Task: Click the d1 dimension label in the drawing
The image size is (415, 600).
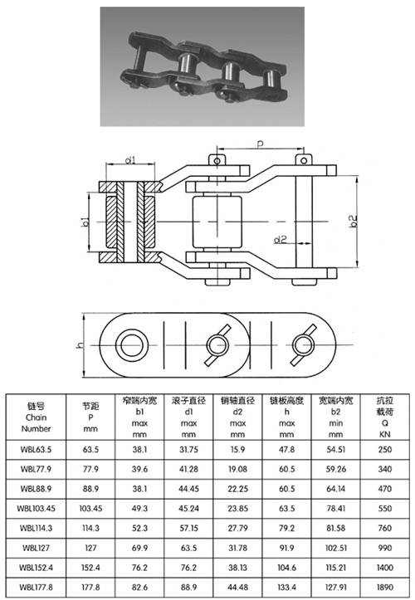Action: tap(130, 159)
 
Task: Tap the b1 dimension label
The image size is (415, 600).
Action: tap(85, 222)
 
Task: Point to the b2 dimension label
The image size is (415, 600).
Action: tap(354, 221)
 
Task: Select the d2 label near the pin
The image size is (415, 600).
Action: tap(281, 240)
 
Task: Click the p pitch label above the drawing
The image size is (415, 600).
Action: tap(261, 144)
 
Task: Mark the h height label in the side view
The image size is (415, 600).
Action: tap(80, 345)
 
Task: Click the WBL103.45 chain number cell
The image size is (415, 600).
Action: tap(36, 509)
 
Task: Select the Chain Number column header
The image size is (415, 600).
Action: tap(36, 417)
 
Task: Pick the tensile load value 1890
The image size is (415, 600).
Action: tap(384, 587)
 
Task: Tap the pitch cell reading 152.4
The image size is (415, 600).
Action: tap(90, 568)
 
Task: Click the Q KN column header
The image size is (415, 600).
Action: tap(385, 417)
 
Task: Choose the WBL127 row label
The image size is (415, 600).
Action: tap(36, 548)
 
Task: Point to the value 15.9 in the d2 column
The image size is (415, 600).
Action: tap(237, 450)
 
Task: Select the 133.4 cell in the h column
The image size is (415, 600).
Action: tap(286, 587)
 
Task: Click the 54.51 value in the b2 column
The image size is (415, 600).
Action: tap(336, 450)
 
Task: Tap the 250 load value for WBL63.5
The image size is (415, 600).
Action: tap(384, 450)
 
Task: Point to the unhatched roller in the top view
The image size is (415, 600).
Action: tap(217, 222)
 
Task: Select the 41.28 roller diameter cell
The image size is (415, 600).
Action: tap(188, 469)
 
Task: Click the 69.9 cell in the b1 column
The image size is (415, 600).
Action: tap(139, 548)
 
